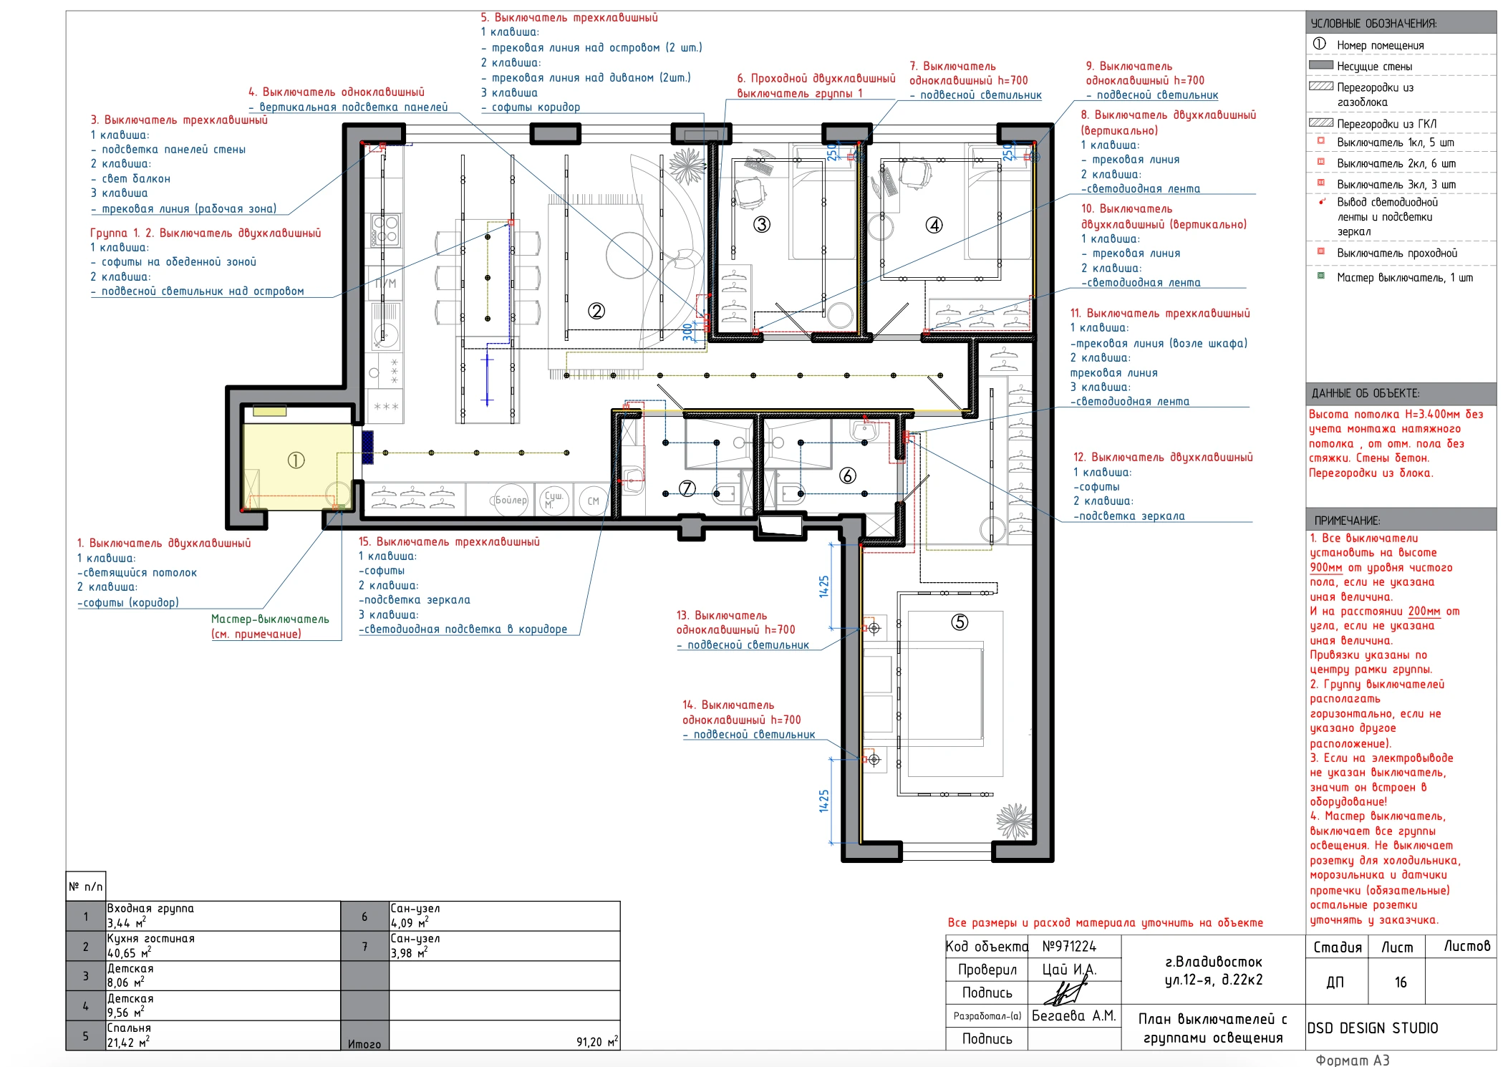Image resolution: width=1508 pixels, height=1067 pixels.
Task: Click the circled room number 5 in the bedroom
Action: [x=960, y=622]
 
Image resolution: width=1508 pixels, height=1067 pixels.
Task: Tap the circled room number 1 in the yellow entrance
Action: [x=296, y=460]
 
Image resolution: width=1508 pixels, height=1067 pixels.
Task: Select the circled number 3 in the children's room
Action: [x=762, y=225]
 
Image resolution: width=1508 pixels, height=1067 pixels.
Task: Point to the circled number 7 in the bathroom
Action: [x=687, y=488]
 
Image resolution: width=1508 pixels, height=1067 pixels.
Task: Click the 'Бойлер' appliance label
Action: [x=511, y=500]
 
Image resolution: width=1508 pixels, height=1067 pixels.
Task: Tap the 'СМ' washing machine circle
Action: [x=594, y=501]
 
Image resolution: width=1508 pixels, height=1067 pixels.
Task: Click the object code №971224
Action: [x=1069, y=947]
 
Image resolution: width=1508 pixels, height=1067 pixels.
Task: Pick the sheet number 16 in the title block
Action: [x=1401, y=982]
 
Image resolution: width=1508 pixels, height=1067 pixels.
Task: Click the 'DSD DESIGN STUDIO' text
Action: [x=1373, y=1028]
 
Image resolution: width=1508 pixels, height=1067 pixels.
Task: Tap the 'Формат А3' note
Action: [x=1353, y=1060]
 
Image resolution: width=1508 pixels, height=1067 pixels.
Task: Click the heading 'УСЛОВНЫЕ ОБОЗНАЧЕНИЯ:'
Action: [x=1373, y=24]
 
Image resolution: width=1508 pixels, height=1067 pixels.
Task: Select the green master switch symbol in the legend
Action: [x=1321, y=276]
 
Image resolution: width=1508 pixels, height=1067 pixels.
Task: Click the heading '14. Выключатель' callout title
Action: [x=728, y=705]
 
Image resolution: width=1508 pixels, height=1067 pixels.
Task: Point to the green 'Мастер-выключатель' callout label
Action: [x=270, y=619]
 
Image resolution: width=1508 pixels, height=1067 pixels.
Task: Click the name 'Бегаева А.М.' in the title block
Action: [x=1073, y=1015]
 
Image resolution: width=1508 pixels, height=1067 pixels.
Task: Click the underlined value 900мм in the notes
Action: [x=1326, y=567]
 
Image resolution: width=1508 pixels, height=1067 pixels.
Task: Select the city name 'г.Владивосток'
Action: [x=1214, y=962]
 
